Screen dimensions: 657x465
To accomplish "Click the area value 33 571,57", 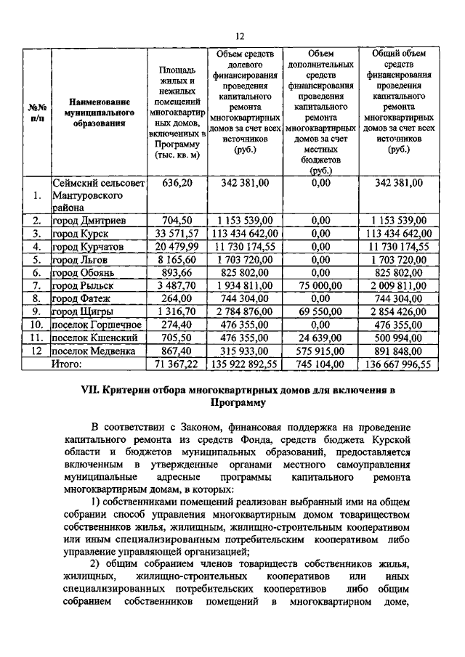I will pyautogui.click(x=177, y=233).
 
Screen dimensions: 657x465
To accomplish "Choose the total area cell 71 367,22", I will pyautogui.click(x=177, y=364).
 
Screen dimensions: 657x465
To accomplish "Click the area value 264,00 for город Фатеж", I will pyautogui.click(x=177, y=298).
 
